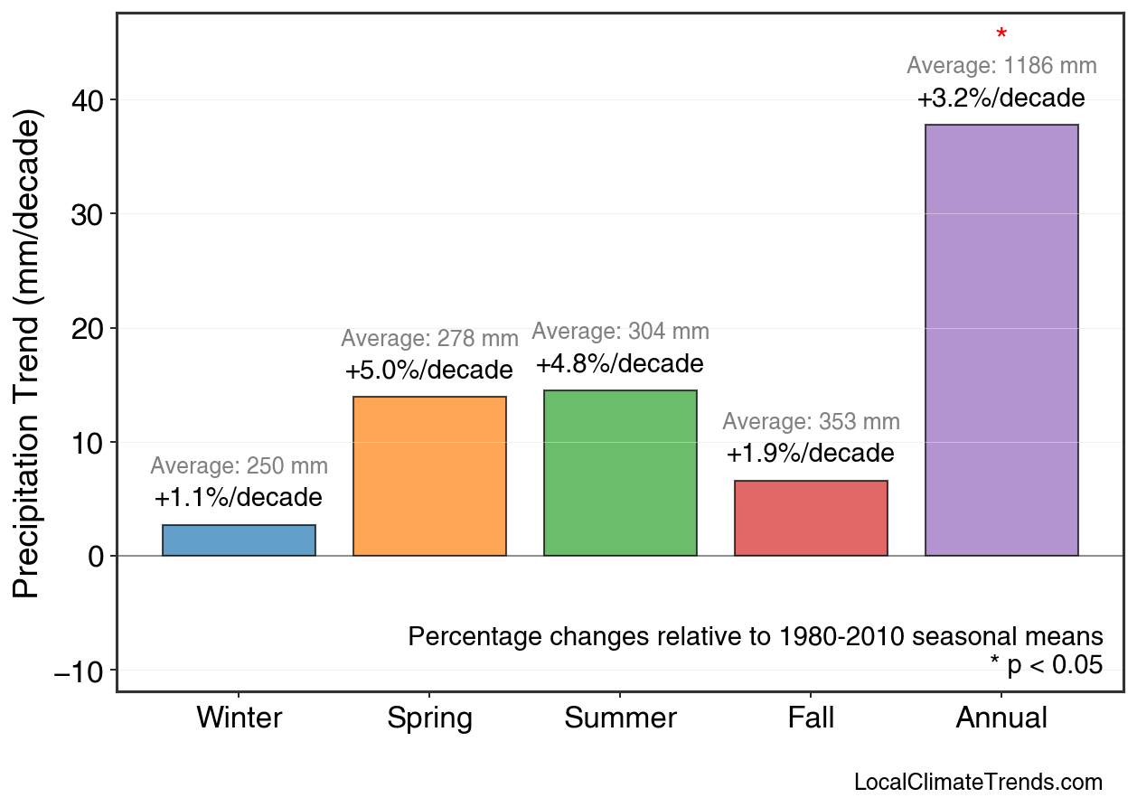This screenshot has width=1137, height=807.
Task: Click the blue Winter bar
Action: (239, 540)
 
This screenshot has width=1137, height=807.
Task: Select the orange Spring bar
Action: (429, 476)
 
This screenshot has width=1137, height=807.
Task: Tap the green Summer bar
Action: (620, 473)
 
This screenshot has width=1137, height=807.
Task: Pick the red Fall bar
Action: (811, 518)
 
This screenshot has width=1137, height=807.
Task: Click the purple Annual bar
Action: (1001, 340)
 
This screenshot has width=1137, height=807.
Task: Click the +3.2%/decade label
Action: (1001, 99)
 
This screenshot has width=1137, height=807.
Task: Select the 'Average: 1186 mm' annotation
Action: (1001, 66)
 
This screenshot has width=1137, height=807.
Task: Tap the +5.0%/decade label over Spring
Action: (429, 371)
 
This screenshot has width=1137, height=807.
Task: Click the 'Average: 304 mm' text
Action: (620, 332)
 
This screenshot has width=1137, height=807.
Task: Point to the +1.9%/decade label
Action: (811, 454)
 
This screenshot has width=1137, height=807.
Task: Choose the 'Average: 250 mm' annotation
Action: (239, 466)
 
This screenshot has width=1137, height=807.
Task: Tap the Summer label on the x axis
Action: (620, 718)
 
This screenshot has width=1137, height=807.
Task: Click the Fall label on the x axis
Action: (811, 718)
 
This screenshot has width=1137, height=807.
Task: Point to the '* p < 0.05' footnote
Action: (1046, 666)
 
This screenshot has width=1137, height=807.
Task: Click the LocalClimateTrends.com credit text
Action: (978, 783)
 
